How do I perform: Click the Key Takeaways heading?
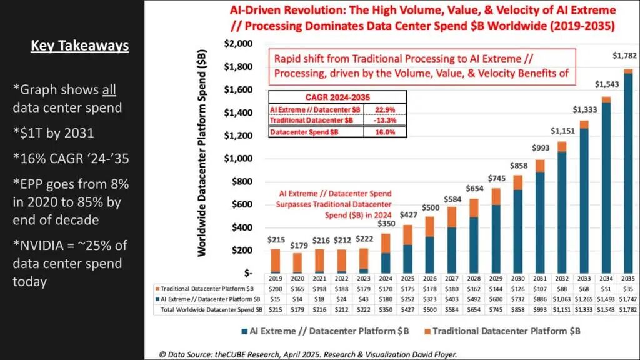point(79,46)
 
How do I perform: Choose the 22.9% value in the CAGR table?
point(382,109)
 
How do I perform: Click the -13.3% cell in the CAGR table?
point(382,120)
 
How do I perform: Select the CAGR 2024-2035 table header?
point(337,97)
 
